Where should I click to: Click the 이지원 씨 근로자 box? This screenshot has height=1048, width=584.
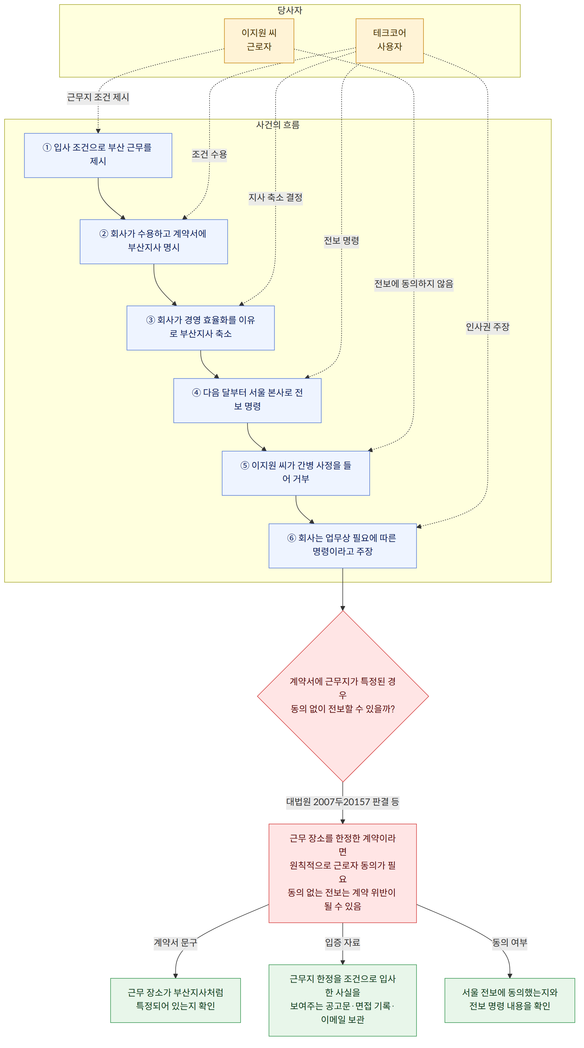[x=259, y=41]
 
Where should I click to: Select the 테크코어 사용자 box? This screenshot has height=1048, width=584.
[x=389, y=41]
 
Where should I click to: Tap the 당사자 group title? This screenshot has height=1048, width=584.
[x=290, y=11]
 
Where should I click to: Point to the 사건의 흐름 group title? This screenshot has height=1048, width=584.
[x=277, y=125]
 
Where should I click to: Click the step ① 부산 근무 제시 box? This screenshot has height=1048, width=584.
[x=98, y=155]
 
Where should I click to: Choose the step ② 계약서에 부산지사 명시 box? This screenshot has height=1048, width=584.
[x=154, y=242]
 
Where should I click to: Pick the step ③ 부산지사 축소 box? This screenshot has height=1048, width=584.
[x=201, y=328]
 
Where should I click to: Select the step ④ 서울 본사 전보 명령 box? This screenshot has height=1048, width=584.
[x=247, y=401]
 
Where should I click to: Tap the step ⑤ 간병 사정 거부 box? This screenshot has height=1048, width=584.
[x=296, y=473]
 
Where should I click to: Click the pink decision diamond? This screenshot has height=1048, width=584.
[x=343, y=696]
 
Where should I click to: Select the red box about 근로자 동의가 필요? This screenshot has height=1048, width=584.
[x=343, y=873]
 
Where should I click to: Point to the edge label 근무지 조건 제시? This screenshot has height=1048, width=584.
[x=98, y=97]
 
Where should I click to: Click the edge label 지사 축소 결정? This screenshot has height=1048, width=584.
[x=275, y=198]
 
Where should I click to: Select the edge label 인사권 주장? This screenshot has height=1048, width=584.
[x=487, y=327]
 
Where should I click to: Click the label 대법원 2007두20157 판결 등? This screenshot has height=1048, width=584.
[x=343, y=802]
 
